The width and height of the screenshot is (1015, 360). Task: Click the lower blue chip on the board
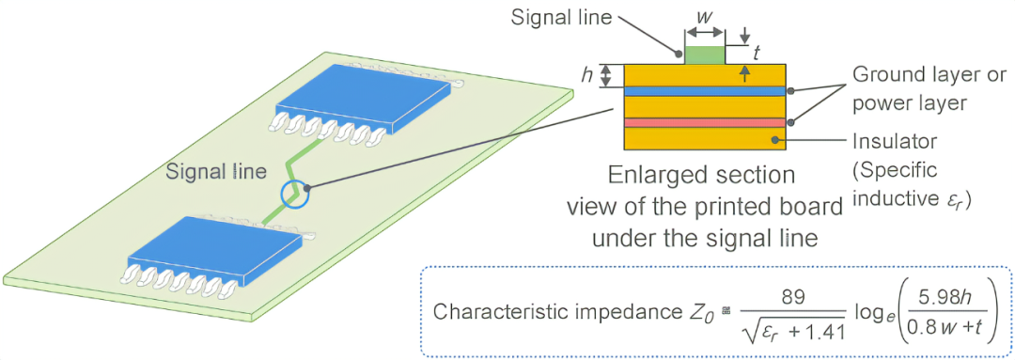[x=215, y=250]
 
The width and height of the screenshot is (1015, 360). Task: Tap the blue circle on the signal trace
[x=296, y=194]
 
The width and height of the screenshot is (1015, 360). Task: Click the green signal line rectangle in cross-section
[x=706, y=55]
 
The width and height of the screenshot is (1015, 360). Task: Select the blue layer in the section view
[x=704, y=91]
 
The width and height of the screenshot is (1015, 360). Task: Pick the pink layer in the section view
[x=704, y=123]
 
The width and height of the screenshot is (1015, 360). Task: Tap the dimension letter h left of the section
[x=587, y=75]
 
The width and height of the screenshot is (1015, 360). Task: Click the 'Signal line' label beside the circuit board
[x=216, y=172]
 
